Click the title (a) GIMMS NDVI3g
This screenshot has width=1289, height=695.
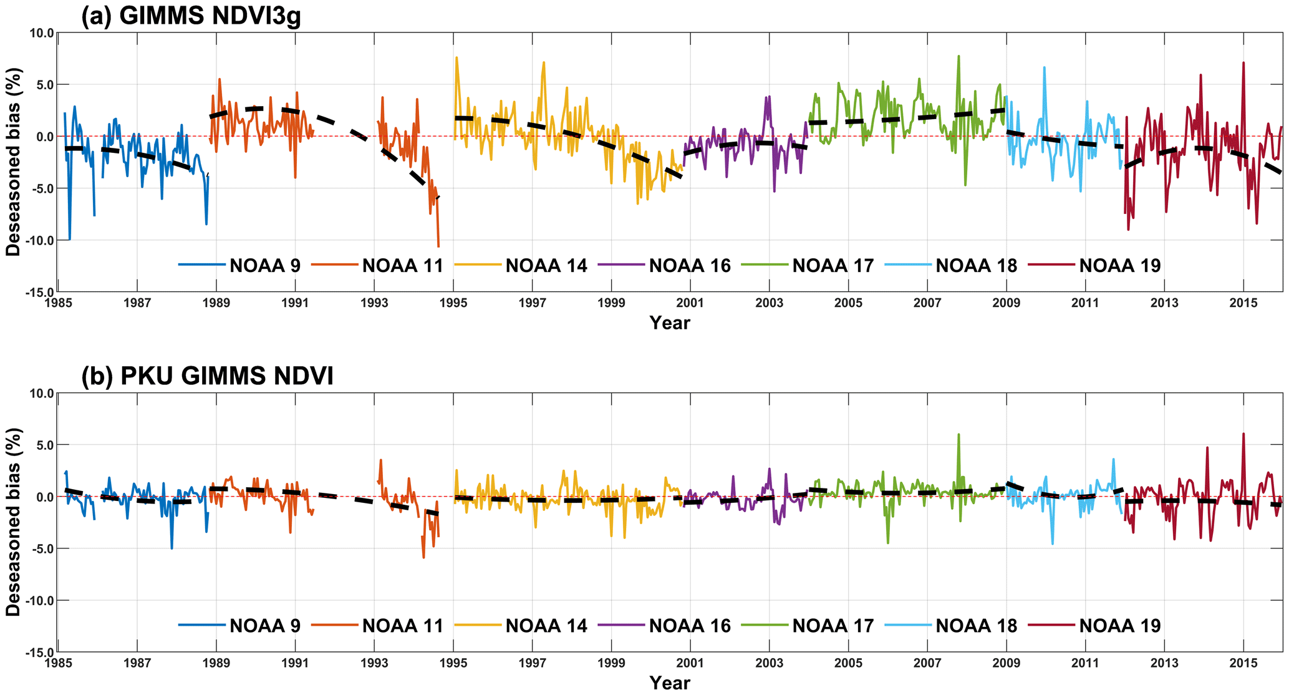pos(191,16)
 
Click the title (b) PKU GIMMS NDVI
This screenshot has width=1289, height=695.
pos(207,376)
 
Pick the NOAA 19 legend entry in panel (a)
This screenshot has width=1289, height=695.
pos(1119,266)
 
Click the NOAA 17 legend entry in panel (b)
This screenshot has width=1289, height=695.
pos(833,626)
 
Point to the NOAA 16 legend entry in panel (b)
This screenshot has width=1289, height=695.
pos(689,626)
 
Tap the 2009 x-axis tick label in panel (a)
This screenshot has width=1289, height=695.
pos(1006,303)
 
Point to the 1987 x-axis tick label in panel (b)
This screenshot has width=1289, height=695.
pos(137,663)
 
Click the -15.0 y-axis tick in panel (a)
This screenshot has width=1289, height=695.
pos(40,292)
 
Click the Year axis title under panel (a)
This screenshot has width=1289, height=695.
pos(670,323)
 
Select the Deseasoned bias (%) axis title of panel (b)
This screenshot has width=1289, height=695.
pos(14,522)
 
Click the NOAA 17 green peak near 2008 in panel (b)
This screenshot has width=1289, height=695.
pos(958,435)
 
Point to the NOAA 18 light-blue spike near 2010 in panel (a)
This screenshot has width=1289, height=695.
pos(1044,68)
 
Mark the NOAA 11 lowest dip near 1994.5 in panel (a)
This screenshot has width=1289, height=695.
pos(438,246)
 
